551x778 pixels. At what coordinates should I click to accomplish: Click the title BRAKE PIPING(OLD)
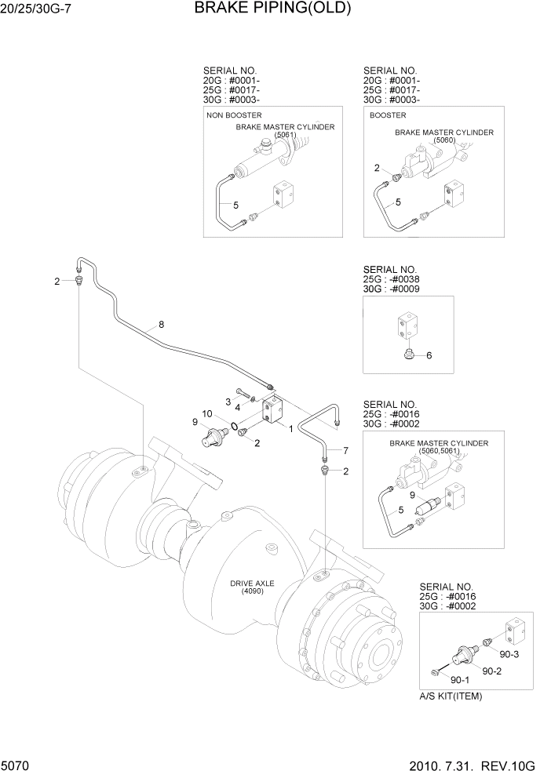tap(272, 9)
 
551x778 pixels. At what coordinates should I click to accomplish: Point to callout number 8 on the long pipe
tap(161, 324)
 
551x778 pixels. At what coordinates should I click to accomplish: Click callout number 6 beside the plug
tap(429, 355)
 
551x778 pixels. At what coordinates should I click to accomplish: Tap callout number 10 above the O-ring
tap(206, 413)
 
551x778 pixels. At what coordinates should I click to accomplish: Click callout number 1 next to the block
tap(290, 428)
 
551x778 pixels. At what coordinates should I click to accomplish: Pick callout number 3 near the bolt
tap(228, 402)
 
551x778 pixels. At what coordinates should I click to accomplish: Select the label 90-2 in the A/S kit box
tap(492, 671)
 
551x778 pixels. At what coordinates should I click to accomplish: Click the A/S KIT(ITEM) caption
tap(451, 696)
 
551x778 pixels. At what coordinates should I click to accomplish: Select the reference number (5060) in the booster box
tap(443, 140)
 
